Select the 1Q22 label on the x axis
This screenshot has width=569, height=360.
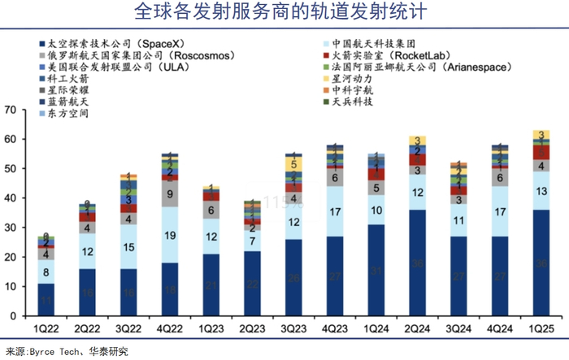click(46, 328)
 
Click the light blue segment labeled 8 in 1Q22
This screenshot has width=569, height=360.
click(46, 271)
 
